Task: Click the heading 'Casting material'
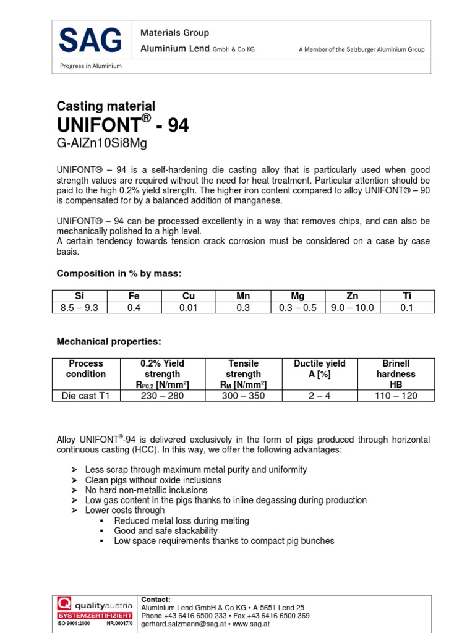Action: (x=106, y=106)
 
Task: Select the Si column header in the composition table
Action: (x=79, y=296)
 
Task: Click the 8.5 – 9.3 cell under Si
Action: (x=79, y=307)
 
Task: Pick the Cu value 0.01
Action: (x=188, y=307)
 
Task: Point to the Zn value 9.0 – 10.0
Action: (x=353, y=307)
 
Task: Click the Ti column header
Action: (x=407, y=296)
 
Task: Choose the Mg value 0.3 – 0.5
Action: (x=298, y=307)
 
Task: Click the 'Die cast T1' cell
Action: (x=86, y=396)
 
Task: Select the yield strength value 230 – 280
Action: (x=163, y=396)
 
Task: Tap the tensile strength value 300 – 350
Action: (x=243, y=396)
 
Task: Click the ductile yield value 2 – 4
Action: (x=319, y=396)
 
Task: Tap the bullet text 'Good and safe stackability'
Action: (x=166, y=531)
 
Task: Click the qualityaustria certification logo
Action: (x=94, y=611)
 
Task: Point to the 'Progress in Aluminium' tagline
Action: (x=90, y=66)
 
